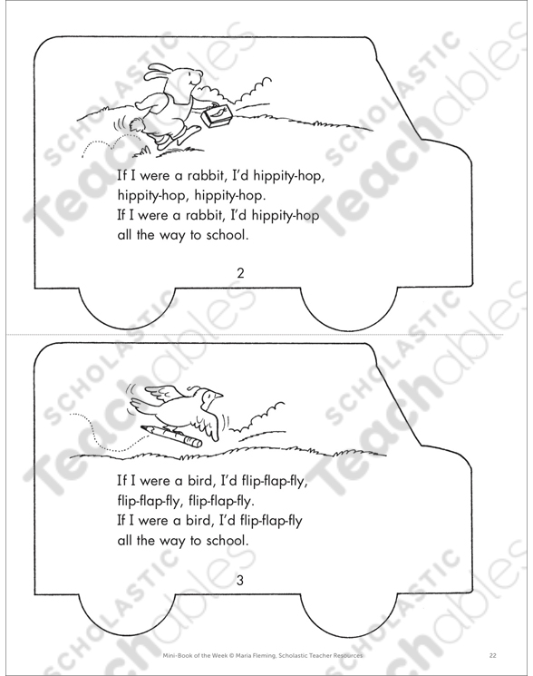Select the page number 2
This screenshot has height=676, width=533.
(240, 273)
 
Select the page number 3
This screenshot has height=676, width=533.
(240, 581)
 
